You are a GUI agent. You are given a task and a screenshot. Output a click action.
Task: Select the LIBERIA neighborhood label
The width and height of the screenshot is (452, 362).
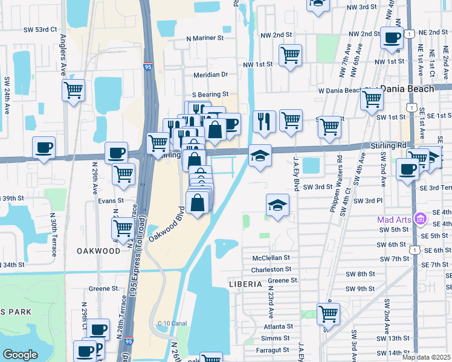245,284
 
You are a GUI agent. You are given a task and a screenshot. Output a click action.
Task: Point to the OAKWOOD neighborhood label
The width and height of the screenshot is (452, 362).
98,250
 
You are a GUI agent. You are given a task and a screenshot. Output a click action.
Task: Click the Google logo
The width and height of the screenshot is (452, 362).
20,354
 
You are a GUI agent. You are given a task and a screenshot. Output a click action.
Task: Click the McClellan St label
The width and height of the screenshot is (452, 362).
272,258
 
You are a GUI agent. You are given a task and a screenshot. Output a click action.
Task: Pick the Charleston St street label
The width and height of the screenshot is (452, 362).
271,269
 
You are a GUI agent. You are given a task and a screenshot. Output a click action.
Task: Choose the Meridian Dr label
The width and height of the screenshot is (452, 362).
210,74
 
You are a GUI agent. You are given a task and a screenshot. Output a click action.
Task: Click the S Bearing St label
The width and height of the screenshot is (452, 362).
210,95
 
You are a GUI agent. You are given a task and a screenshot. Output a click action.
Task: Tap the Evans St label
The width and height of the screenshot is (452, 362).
111,200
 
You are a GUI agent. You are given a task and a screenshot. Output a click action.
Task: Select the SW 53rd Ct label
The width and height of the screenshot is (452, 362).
40,29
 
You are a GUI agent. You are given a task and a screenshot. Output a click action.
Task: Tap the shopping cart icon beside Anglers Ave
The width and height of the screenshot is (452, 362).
73,91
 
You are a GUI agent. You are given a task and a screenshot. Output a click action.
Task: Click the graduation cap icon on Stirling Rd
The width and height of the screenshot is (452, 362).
260,156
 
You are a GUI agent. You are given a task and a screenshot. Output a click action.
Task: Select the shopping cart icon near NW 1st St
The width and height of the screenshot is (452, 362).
290,56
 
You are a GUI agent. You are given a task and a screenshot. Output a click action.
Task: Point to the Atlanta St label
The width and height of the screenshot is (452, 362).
278,326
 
